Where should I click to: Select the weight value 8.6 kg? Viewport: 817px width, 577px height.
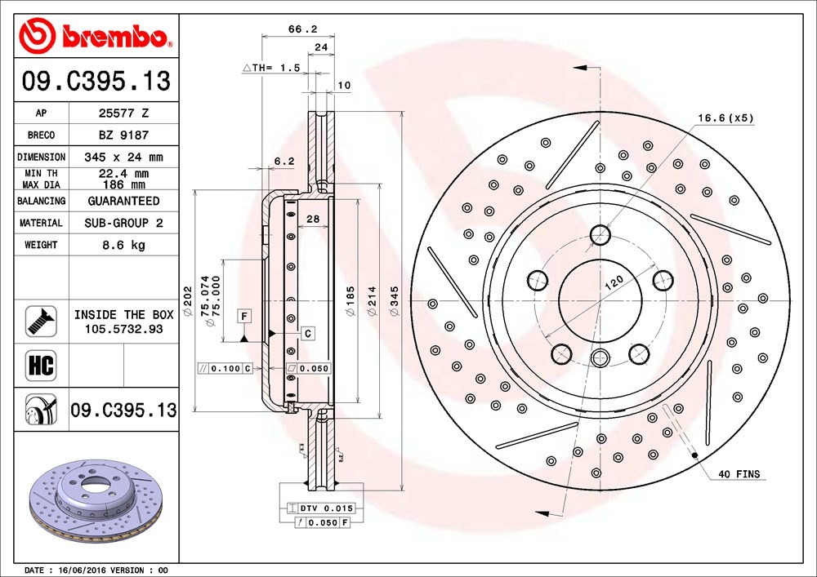pos(123,245)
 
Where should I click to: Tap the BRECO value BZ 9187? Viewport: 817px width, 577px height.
pos(123,135)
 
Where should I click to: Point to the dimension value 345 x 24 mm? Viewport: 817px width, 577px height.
pos(123,158)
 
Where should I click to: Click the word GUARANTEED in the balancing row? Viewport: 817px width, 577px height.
pos(123,201)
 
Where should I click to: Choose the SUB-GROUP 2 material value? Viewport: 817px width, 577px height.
pos(123,223)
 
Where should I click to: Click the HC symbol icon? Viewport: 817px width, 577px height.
pos(41,366)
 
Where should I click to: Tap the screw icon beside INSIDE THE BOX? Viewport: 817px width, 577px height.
pos(41,321)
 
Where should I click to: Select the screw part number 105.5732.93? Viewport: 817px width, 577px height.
pos(123,329)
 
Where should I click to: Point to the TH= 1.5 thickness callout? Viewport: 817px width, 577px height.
pos(271,68)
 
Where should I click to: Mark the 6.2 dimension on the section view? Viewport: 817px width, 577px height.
pos(284,162)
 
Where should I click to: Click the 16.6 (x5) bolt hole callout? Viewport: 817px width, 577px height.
pos(725,118)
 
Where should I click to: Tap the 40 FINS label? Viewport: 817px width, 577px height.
pos(739,474)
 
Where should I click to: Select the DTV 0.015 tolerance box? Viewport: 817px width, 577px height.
pos(321,508)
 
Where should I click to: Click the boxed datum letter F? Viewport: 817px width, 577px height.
pos(243,316)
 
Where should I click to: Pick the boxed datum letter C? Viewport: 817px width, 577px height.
pos(307,333)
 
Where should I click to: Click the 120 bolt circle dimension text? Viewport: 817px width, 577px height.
pos(614,282)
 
